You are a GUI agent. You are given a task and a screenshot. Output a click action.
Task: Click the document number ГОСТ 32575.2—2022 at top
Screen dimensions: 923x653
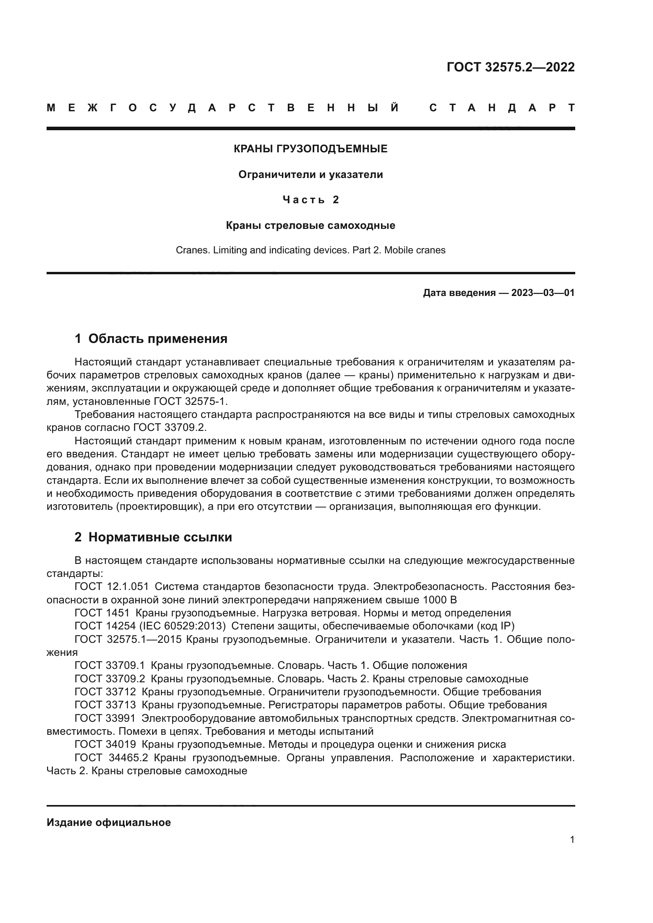[510, 67]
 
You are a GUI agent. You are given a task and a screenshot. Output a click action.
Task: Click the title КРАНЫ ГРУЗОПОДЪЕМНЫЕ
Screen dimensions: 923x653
[310, 149]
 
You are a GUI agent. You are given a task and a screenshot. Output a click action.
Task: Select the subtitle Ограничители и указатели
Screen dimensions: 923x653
[310, 175]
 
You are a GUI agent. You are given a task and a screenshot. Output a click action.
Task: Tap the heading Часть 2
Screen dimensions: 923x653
[310, 200]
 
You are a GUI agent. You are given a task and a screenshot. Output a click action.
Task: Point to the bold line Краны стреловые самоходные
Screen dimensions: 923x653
[310, 226]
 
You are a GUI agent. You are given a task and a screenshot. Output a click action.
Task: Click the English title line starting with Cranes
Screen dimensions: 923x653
[310, 251]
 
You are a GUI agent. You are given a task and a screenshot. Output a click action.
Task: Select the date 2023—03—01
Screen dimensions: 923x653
[543, 293]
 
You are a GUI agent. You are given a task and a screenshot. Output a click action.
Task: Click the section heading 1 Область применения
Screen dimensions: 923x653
[151, 339]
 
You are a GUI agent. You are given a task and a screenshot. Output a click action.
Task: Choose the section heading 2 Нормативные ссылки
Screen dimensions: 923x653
[153, 537]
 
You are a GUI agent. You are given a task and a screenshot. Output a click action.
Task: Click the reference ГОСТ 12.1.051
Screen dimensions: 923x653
[111, 587]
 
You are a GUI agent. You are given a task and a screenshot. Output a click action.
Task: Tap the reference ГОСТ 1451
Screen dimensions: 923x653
[102, 613]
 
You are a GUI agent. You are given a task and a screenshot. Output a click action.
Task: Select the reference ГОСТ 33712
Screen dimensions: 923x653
[105, 692]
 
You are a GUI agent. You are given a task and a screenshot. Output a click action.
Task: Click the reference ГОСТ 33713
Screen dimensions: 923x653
[105, 705]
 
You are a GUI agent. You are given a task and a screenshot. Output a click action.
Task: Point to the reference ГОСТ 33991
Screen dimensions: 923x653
[105, 718]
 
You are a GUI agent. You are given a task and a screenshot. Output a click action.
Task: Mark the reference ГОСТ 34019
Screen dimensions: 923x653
[105, 745]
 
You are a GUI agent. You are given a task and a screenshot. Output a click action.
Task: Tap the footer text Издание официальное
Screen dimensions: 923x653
[109, 822]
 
